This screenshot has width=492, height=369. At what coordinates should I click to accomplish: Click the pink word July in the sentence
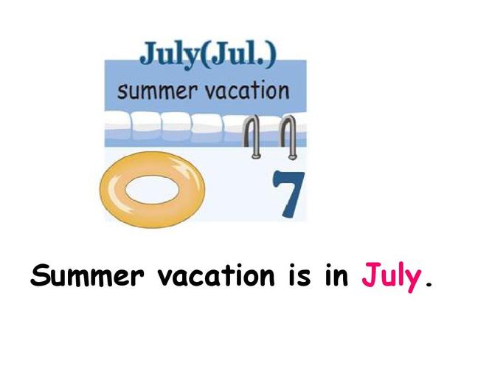pos(391,277)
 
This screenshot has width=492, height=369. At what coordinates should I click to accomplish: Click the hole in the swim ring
pos(152,190)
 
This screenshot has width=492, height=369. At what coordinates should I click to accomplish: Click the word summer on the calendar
pos(157,92)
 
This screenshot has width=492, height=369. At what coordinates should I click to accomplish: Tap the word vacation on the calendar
pos(247,91)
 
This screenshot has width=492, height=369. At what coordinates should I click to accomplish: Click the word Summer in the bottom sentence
pos(87,275)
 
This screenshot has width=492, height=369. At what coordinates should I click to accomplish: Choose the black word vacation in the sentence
pos(216,275)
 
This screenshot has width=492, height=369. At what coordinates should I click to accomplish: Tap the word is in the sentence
pos(299,275)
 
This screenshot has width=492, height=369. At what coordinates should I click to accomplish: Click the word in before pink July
pos(336,275)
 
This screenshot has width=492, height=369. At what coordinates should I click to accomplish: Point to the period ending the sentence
pos(429,284)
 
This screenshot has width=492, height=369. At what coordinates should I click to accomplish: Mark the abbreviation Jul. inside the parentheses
pos(240,54)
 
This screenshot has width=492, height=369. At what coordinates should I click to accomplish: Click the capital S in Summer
pos(40,275)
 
